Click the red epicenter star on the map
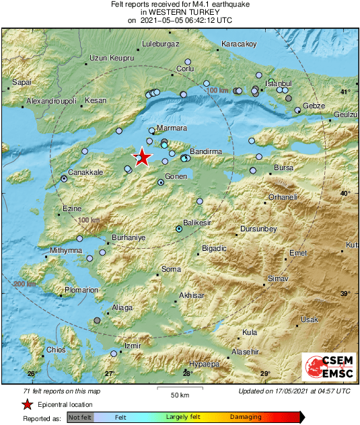click(142, 157)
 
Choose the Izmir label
click(132, 346)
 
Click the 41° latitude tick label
click(346, 91)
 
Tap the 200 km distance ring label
click(25, 284)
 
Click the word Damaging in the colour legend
click(246, 417)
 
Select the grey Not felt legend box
click(80, 417)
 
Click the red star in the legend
click(28, 404)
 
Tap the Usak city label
click(309, 319)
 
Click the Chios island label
click(55, 350)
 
